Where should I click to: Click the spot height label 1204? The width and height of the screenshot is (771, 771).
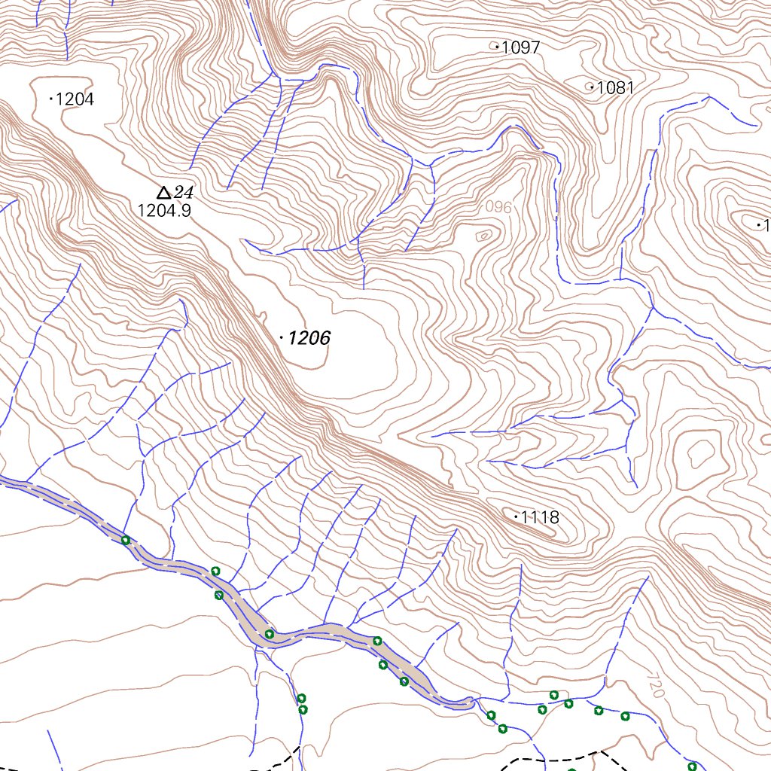(75, 99)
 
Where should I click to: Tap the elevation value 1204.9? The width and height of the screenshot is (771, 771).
(164, 211)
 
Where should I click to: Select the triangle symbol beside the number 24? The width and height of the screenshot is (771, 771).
(163, 193)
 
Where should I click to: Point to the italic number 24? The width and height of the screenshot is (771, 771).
(184, 193)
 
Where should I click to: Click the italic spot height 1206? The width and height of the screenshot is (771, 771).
(309, 339)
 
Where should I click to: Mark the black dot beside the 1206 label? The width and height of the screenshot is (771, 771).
(282, 339)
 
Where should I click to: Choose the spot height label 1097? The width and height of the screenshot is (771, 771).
(521, 48)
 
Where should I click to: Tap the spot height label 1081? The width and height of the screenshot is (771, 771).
(616, 88)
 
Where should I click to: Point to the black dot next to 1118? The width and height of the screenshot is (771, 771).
(516, 517)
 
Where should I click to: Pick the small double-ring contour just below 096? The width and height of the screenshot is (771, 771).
(483, 236)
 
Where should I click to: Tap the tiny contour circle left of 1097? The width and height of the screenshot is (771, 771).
(495, 47)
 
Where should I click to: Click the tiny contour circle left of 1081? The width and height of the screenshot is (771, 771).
(590, 87)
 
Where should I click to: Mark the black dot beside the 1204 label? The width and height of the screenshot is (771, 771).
(50, 99)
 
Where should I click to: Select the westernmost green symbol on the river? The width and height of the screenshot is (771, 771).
(126, 540)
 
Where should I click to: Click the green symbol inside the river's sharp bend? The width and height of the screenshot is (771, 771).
(269, 634)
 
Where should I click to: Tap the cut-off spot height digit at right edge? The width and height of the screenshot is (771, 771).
(766, 225)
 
